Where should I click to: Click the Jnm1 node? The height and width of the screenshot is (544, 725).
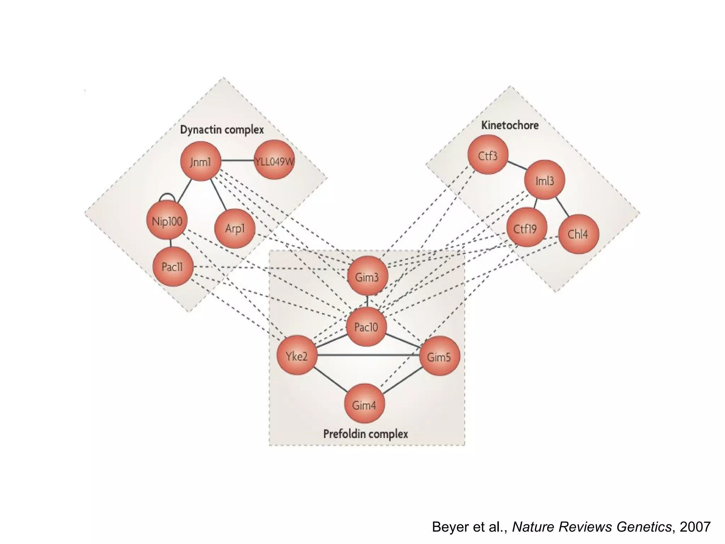pos(200,161)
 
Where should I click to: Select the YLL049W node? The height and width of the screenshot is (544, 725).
pos(274,160)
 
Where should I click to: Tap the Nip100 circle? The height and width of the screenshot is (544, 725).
pos(167,221)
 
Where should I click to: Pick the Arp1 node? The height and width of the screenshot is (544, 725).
pos(235,228)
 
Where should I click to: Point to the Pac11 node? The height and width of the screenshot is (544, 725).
pos(173,266)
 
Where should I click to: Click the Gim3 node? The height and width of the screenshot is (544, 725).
pos(367,276)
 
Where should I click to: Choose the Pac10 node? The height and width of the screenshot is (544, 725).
pos(366,327)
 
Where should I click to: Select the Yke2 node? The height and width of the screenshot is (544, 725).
pos(297,355)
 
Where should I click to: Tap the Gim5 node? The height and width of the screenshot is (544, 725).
pos(439,356)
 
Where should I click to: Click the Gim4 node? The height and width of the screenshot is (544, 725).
pos(364,404)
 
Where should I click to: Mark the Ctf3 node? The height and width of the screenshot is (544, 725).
pos(488,155)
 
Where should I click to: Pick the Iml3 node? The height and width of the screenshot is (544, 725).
pos(544,180)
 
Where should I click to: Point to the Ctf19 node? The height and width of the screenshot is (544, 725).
pos(526,228)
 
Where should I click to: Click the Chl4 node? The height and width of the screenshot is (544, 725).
pos(578,234)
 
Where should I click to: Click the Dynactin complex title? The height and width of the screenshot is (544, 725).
pos(222,130)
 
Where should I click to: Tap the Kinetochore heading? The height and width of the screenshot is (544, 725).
pos(510,125)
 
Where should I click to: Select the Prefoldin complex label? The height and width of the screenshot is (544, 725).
pos(366,434)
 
